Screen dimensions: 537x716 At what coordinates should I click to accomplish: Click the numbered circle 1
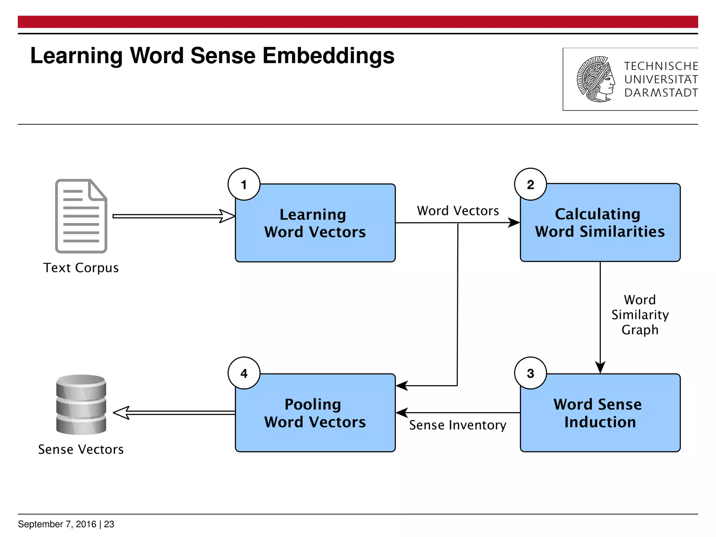[244, 184]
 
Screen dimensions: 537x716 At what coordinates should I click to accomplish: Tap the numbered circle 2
[530, 184]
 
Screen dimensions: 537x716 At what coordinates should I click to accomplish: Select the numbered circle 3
[530, 373]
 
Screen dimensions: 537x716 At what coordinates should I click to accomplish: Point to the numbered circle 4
[244, 373]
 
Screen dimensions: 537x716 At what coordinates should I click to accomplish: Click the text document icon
[81, 216]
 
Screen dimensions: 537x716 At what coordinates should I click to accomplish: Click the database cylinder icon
[81, 404]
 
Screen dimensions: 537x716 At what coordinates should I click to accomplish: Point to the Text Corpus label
[81, 268]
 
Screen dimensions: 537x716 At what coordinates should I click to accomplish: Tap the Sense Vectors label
[81, 449]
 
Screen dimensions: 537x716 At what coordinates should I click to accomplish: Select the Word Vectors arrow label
[458, 211]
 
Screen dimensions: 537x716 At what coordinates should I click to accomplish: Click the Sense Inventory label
[458, 425]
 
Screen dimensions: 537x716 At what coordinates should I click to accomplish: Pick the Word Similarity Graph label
[640, 315]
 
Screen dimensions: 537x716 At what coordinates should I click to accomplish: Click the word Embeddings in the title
[328, 56]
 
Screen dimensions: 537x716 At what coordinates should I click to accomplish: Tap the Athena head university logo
[596, 79]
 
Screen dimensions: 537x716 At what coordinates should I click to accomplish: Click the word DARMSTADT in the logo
[661, 93]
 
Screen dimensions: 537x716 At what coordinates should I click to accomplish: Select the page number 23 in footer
[109, 524]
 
